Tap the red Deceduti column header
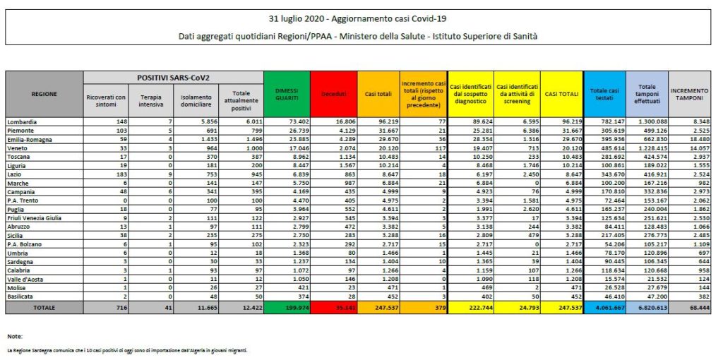(x=333, y=94)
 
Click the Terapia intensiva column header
(x=151, y=100)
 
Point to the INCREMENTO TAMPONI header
(x=690, y=94)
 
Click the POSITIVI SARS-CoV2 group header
(x=173, y=76)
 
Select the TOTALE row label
(x=44, y=308)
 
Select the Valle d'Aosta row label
(x=26, y=280)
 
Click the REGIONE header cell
(x=44, y=94)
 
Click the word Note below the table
(x=15, y=336)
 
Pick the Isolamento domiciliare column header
(x=195, y=100)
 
